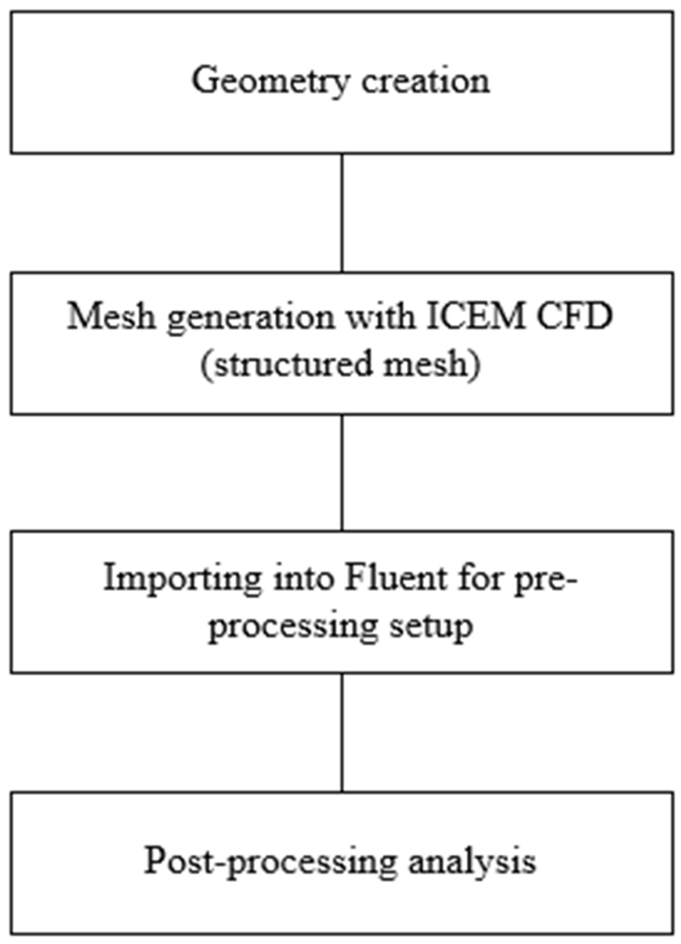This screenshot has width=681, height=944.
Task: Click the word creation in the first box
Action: pyautogui.click(x=425, y=80)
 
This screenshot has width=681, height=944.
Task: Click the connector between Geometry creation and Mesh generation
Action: pyautogui.click(x=342, y=213)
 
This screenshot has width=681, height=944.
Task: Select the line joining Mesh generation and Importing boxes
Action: pyautogui.click(x=342, y=472)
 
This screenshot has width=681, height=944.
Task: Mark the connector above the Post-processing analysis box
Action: pyautogui.click(x=342, y=732)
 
